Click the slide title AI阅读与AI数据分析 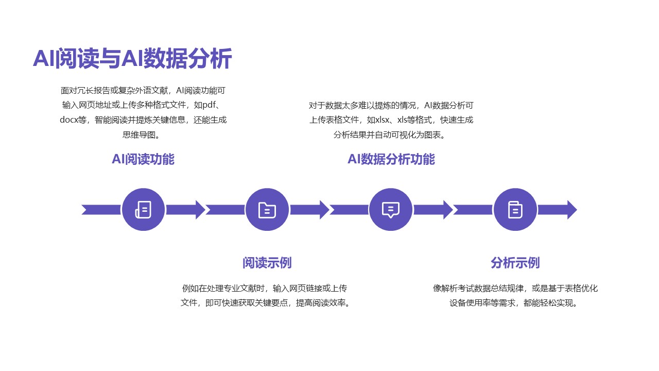pos(132,58)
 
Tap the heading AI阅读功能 pos(143,159)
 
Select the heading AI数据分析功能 pos(391,159)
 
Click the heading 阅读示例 pos(267,263)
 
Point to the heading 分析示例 pos(515,263)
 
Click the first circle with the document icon pos(143,210)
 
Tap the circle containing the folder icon pos(267,210)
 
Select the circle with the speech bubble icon pos(391,210)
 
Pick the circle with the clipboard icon pos(515,210)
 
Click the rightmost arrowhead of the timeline pos(571,210)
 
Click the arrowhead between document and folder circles pos(200,210)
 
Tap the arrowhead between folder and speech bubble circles pos(324,210)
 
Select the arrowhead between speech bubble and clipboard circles pos(447,210)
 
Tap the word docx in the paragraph pos(68,121)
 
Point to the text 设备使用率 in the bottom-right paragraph pos(470,303)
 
